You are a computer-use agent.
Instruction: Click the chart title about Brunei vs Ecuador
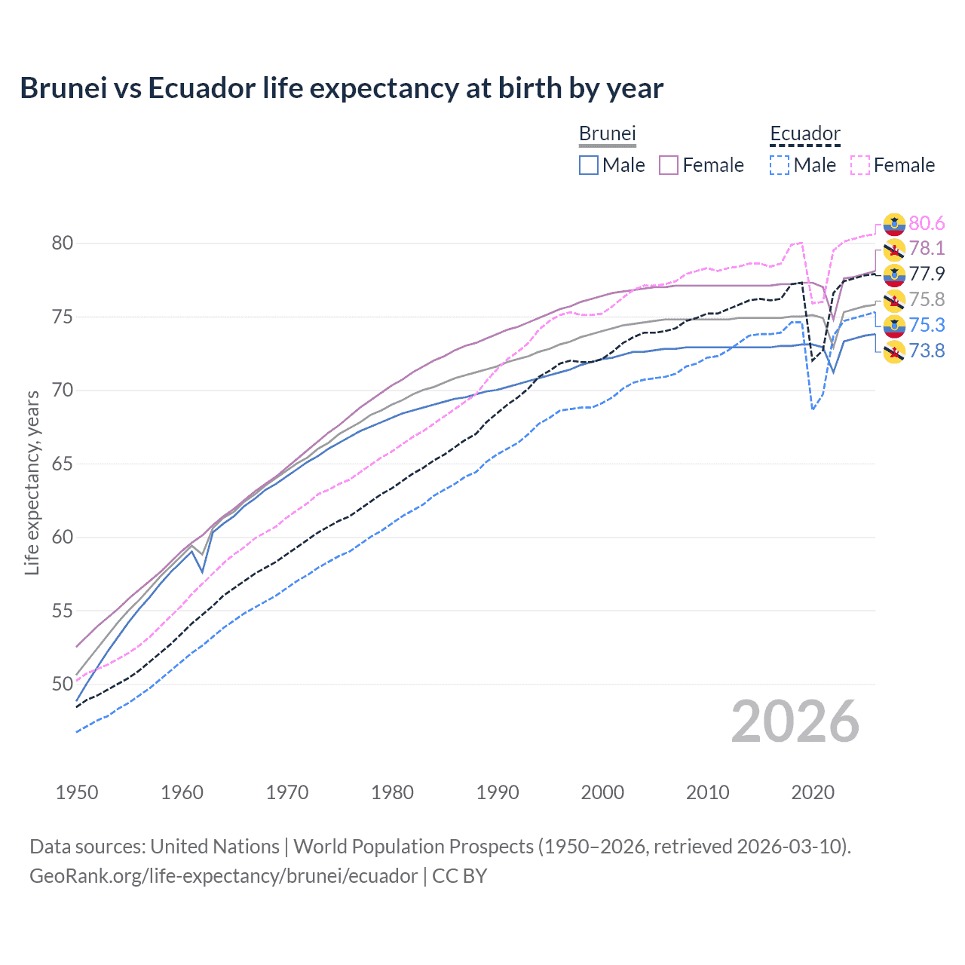tap(342, 88)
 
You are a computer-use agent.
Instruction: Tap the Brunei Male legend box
tap(589, 165)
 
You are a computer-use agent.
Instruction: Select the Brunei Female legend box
tap(669, 165)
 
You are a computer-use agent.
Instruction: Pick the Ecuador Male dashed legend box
tap(780, 165)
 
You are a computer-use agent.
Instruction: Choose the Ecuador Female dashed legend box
tap(860, 165)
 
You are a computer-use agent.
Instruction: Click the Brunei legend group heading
tap(608, 134)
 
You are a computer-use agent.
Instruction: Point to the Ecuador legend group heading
tap(804, 134)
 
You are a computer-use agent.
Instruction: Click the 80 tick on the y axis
tap(63, 243)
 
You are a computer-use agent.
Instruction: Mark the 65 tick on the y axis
tap(63, 464)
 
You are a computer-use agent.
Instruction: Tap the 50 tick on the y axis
tap(63, 684)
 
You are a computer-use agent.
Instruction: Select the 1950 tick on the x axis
tap(77, 792)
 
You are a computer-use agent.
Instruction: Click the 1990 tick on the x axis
tap(498, 792)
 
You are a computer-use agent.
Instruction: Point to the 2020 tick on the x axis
tap(813, 792)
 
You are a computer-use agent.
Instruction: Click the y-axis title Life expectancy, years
tap(32, 482)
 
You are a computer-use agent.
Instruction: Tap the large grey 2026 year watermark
tap(795, 721)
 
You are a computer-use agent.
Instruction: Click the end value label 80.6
tap(927, 223)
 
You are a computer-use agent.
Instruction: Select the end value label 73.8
tap(927, 351)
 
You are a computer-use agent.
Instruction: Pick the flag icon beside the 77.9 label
tap(894, 274)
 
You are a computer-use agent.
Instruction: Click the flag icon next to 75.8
tap(894, 300)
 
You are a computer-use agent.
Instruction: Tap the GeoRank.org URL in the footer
tap(223, 876)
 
